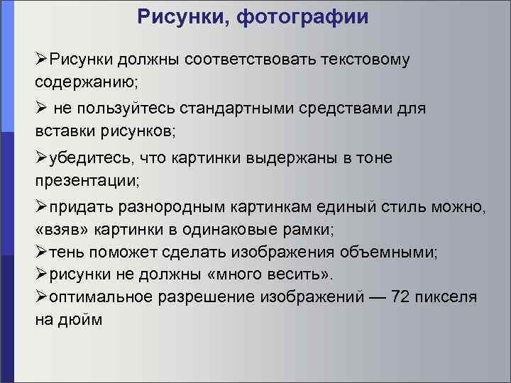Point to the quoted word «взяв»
click(x=58, y=230)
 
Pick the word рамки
click(x=310, y=230)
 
